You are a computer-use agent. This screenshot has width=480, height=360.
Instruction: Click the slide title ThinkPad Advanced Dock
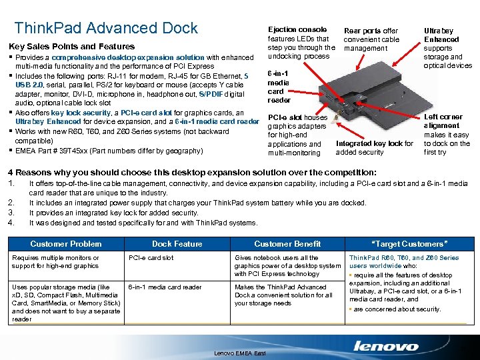click(106, 28)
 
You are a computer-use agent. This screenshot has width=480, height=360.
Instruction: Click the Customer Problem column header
click(66, 244)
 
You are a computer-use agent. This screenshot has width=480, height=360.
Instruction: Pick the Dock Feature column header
click(177, 244)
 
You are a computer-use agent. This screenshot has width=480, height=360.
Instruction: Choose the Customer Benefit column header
click(287, 244)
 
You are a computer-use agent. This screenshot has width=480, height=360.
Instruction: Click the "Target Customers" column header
click(409, 244)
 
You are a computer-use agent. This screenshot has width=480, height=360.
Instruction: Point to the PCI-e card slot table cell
click(151, 258)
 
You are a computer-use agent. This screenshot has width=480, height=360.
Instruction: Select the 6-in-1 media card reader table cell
click(165, 287)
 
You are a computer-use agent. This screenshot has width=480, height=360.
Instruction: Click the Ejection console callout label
click(297, 30)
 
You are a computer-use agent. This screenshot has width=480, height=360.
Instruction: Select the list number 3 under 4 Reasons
click(10, 213)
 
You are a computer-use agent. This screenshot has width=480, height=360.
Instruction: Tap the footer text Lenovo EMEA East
click(240, 353)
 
